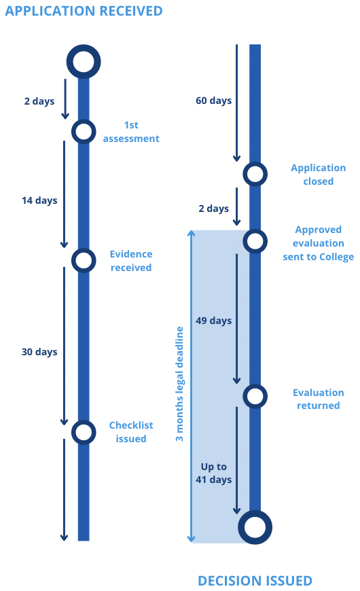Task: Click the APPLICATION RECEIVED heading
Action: (84, 11)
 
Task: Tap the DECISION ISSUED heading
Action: (255, 580)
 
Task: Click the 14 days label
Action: (39, 200)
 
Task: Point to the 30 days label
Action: (39, 352)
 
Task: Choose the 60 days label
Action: (214, 101)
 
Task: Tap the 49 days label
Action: (214, 321)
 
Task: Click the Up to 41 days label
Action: (214, 473)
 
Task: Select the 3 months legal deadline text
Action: (179, 384)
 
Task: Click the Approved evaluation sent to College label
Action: (319, 243)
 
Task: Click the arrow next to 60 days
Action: (237, 103)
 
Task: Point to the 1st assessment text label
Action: (131, 132)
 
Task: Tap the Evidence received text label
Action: (131, 261)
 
